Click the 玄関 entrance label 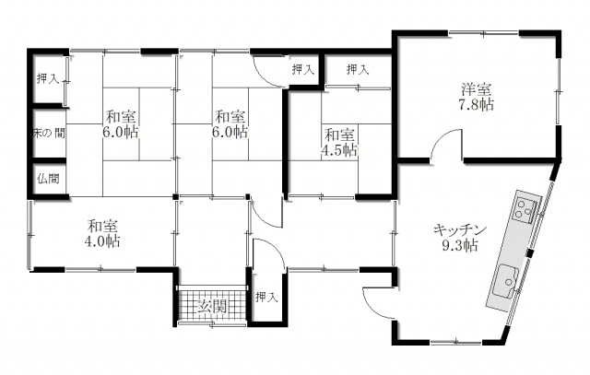click(213, 307)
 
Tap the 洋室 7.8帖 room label click(476, 97)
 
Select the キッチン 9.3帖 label click(460, 238)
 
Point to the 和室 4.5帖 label click(339, 142)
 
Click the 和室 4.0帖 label click(102, 233)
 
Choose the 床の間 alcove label click(48, 133)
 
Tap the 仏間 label click(48, 178)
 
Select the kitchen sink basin click(505, 281)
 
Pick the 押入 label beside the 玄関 click(266, 298)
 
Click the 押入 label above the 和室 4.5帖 click(358, 69)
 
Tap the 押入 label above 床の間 click(48, 78)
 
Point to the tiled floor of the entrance click(211, 304)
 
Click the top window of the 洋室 click(483, 33)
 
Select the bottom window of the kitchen click(456, 342)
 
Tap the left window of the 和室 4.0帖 click(29, 235)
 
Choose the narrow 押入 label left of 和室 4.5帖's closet click(303, 69)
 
